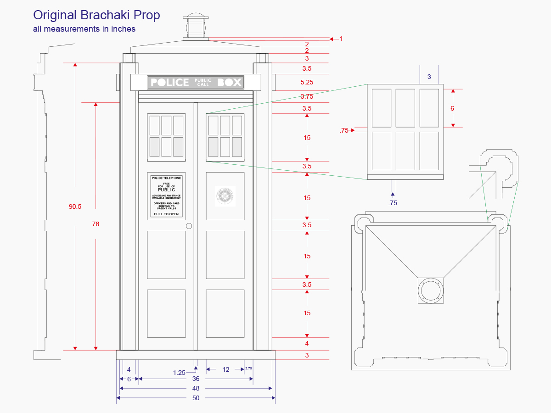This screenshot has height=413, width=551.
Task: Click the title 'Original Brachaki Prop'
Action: pos(96,15)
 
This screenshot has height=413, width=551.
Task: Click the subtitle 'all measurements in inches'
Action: pos(84,29)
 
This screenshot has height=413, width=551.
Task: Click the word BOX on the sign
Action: pos(230,83)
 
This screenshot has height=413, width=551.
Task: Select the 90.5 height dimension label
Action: pos(75,206)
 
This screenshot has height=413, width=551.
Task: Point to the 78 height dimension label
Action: pos(96,224)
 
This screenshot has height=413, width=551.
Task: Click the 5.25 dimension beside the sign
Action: pos(307,82)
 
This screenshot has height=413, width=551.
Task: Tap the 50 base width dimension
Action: pos(196,398)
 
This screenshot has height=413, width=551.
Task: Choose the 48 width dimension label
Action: pos(196,388)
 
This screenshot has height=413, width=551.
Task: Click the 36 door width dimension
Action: pos(196,379)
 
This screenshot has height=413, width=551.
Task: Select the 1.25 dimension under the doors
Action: pos(180,373)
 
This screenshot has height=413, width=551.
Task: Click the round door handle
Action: pos(189,226)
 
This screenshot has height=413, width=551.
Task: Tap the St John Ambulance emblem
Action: pos(225,196)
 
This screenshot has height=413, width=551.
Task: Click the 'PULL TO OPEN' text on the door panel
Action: pos(166,214)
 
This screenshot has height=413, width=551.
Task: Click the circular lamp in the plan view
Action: pos(431,290)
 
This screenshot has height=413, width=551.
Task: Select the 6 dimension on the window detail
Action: pos(452,108)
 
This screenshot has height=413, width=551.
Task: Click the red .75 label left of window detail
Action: pos(344,130)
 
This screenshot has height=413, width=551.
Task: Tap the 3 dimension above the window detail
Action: pos(429,77)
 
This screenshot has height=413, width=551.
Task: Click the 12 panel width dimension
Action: pos(225,369)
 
